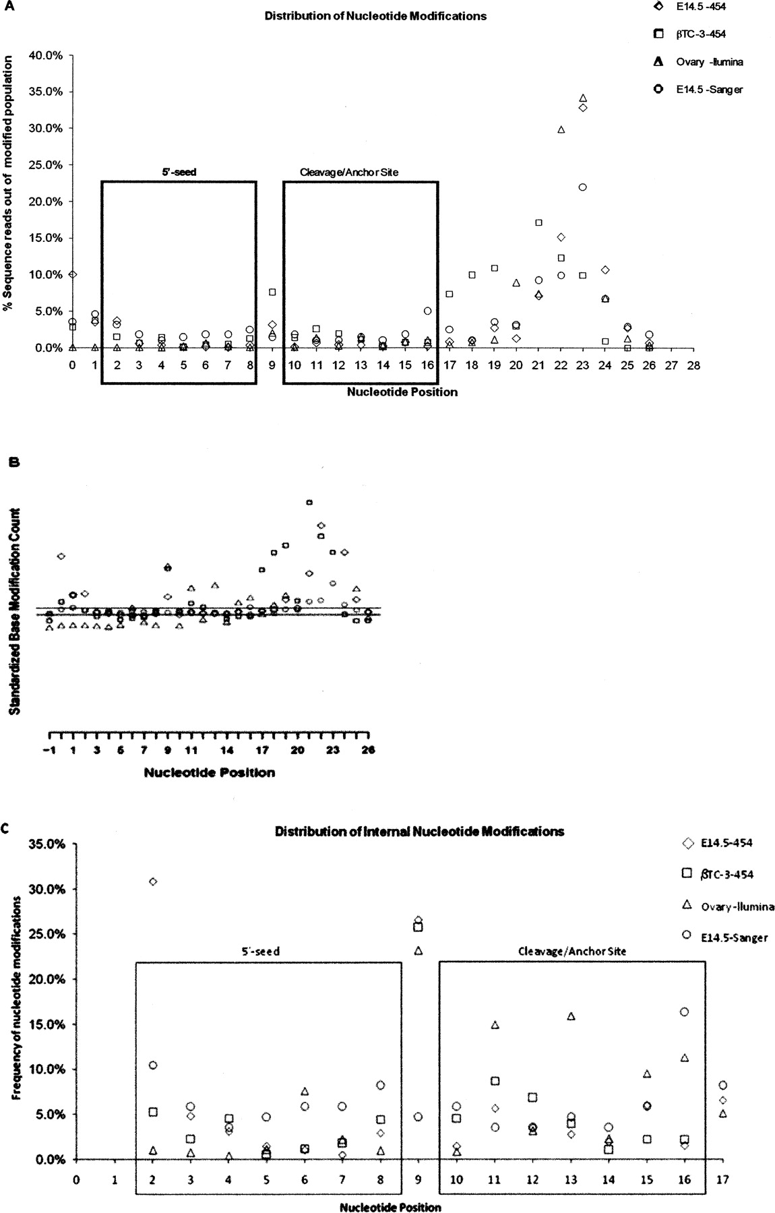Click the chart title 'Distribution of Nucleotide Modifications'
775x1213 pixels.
tap(375, 15)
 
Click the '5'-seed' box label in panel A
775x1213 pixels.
tap(178, 172)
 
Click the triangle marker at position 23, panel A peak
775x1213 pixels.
tap(583, 98)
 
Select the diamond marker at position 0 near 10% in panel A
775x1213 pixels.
tap(73, 274)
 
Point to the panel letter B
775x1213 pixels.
tap(14, 463)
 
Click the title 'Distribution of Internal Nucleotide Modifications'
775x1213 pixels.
tap(419, 832)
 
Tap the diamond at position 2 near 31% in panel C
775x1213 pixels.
tap(153, 881)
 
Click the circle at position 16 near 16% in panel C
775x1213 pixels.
tap(685, 1012)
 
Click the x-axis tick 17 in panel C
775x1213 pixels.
tap(722, 1178)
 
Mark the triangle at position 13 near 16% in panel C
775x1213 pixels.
tap(571, 1016)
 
